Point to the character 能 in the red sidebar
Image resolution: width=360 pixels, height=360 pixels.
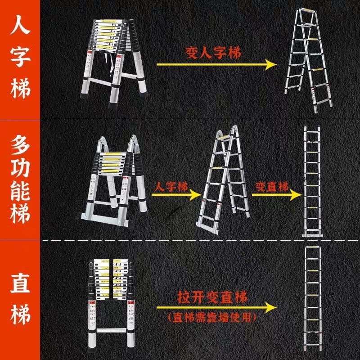[x=20, y=196]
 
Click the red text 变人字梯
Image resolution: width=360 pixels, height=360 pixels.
[x=213, y=53]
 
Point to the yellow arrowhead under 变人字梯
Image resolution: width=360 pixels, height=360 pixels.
[x=270, y=65]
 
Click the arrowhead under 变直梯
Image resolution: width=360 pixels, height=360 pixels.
[x=295, y=195]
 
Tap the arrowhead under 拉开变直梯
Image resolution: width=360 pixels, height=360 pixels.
[x=270, y=307]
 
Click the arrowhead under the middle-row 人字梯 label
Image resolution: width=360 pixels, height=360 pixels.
[x=194, y=195]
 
